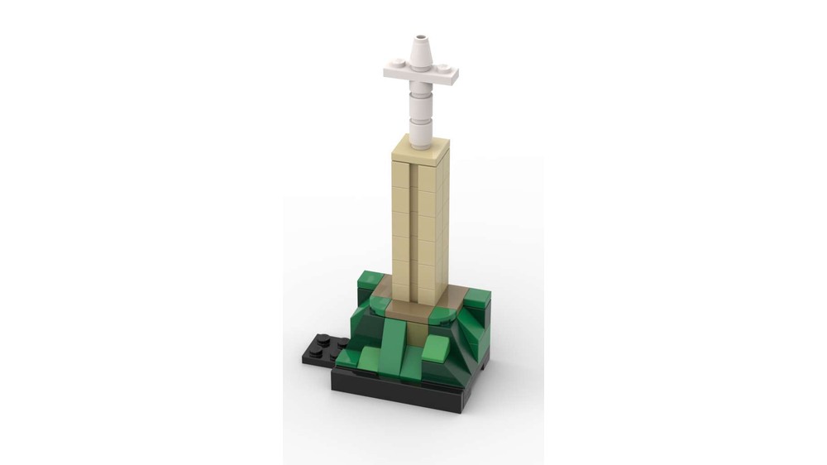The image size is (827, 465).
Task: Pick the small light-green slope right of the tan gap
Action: tap(436, 348)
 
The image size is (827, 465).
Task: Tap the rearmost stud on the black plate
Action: tap(342, 342)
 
